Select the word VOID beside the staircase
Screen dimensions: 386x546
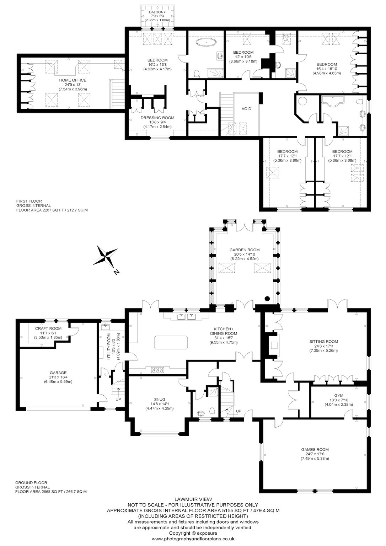(246, 109)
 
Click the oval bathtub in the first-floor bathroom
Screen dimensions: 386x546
(207, 42)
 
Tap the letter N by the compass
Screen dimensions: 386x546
(117, 272)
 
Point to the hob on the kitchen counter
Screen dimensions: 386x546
(158, 370)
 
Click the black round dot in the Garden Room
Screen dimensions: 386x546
(267, 298)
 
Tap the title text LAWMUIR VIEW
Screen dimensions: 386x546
(193, 499)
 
